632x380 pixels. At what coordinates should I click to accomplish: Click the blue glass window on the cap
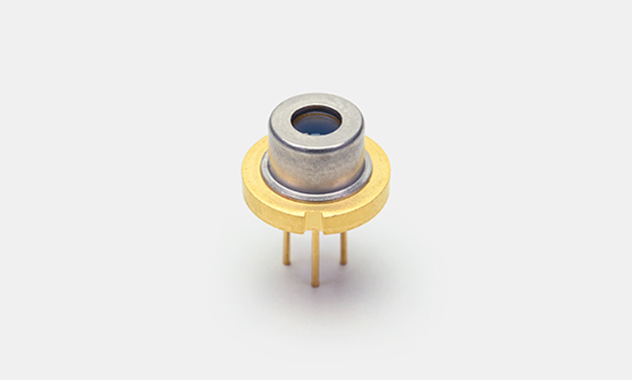click(317, 124)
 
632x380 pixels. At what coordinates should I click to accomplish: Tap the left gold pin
click(286, 247)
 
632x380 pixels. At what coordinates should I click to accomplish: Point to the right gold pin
click(343, 247)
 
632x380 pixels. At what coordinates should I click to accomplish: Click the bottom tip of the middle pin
click(315, 285)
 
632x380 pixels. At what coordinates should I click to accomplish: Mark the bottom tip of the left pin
click(286, 263)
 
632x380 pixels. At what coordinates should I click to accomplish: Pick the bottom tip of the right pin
click(343, 263)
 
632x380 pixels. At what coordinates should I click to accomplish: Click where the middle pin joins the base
click(315, 232)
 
